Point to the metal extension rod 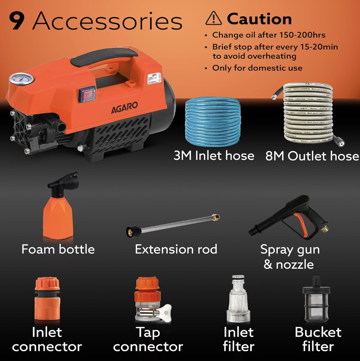174,225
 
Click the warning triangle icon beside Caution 213,19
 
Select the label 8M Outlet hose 312,156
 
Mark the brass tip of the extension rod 216,218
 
